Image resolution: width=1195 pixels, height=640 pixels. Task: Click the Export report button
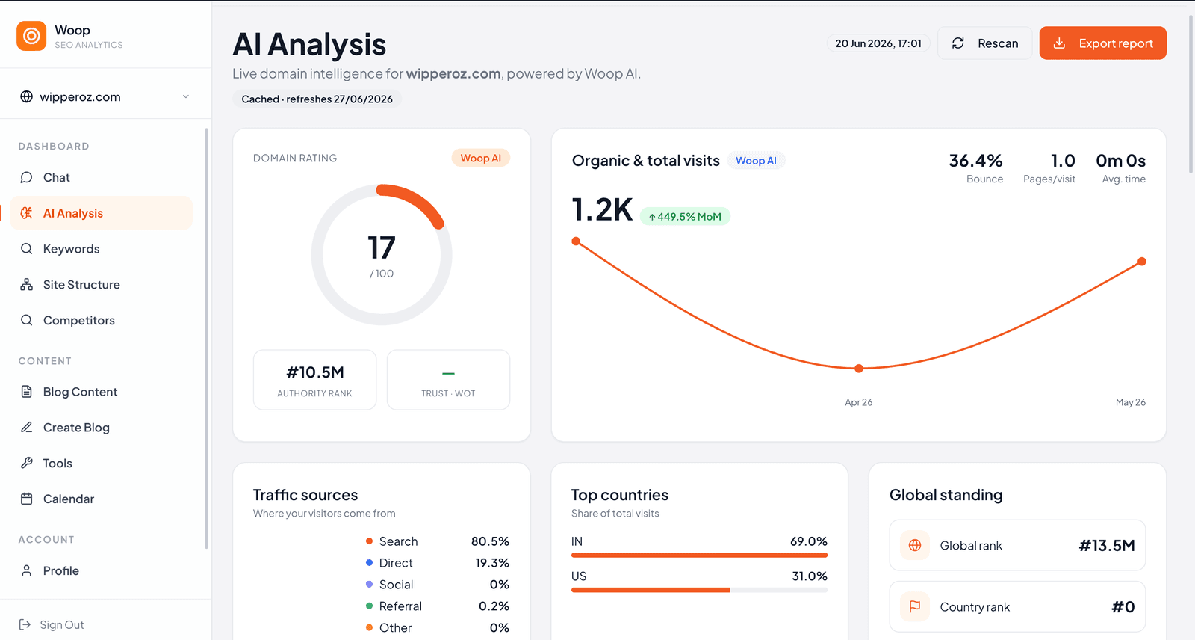tap(1102, 43)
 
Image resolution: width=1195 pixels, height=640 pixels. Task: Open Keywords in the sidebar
tap(71, 248)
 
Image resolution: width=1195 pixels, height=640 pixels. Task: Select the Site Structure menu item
tap(81, 284)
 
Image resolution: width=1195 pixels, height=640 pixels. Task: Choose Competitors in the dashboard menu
tap(78, 320)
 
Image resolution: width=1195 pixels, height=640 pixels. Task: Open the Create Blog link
tap(76, 428)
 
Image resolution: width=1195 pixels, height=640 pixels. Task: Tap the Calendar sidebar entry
tap(68, 499)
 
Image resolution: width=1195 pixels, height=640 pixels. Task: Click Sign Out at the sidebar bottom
tap(52, 624)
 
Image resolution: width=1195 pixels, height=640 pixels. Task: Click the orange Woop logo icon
tap(31, 36)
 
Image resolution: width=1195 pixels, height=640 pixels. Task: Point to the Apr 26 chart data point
tap(859, 368)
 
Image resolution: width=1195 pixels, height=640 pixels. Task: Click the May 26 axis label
tap(1131, 402)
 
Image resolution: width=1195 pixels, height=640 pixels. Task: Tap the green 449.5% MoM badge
tap(685, 216)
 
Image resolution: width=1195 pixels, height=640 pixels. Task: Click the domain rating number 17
tap(382, 247)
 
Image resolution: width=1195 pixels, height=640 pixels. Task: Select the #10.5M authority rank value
tap(314, 372)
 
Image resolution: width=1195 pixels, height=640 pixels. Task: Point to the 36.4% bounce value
tap(975, 160)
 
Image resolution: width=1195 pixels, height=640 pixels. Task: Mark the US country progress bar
tap(699, 590)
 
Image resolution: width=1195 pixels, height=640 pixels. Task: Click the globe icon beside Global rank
tap(915, 545)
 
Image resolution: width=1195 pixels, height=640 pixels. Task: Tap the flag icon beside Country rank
tap(915, 606)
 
